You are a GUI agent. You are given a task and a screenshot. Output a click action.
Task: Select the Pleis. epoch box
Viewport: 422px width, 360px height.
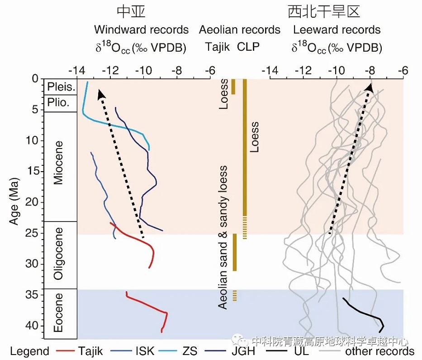coord(58,86)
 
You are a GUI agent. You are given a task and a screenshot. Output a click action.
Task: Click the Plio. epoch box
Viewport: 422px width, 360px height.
coord(58,103)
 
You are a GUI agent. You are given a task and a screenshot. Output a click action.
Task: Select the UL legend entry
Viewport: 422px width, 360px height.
coord(303,351)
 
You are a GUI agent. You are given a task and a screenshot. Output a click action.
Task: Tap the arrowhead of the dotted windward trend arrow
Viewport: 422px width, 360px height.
coord(101,93)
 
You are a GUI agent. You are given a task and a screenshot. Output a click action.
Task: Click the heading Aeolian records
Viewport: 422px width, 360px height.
coord(240,30)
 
